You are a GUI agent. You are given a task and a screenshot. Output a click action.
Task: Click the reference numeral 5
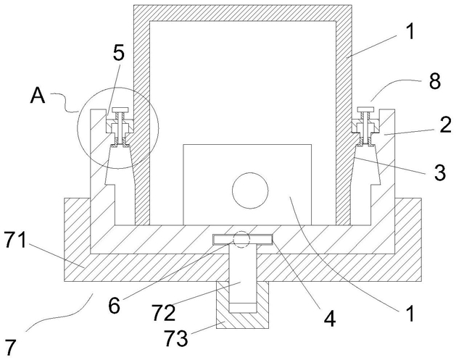(118, 54)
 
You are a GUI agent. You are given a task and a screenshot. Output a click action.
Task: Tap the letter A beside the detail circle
(38, 96)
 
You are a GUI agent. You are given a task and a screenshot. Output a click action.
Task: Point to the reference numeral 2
(446, 125)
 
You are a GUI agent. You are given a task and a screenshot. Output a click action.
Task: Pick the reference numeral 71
(15, 241)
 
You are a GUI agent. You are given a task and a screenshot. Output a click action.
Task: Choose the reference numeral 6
(114, 306)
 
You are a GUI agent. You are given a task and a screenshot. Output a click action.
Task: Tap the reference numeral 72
(164, 313)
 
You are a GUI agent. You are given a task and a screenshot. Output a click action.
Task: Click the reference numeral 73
(176, 338)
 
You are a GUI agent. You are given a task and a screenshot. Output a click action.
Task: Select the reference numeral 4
(330, 319)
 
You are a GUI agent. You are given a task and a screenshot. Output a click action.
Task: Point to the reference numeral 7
(9, 348)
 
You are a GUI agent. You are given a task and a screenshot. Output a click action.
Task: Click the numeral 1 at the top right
(410, 31)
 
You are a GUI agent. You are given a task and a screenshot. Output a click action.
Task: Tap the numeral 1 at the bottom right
(410, 313)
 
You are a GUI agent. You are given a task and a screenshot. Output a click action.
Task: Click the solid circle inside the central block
(250, 191)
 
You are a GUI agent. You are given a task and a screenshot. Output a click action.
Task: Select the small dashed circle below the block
(241, 239)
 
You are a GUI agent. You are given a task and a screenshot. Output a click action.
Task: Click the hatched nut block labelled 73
(243, 320)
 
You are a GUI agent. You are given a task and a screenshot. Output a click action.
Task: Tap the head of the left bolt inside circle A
(121, 109)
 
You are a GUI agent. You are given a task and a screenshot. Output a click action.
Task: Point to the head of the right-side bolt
(366, 109)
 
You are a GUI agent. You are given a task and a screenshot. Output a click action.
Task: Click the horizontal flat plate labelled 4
(243, 240)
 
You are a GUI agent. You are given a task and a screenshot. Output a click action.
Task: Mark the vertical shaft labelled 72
(243, 278)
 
